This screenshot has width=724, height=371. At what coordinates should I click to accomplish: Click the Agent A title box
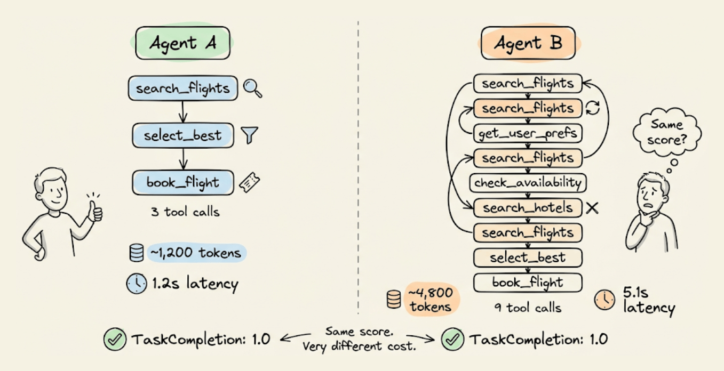pyautogui.click(x=182, y=43)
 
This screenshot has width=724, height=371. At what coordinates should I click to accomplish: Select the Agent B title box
pyautogui.click(x=528, y=43)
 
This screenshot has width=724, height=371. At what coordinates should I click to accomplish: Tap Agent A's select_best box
pyautogui.click(x=182, y=135)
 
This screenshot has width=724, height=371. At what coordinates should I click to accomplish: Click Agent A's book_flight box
pyautogui.click(x=182, y=183)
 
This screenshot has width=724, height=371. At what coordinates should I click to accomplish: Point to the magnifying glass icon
pyautogui.click(x=252, y=88)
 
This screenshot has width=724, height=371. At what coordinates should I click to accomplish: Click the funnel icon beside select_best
pyautogui.click(x=249, y=135)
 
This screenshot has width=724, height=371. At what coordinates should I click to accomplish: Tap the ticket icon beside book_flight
pyautogui.click(x=249, y=183)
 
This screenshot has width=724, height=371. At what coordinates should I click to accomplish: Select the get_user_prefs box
pyautogui.click(x=528, y=133)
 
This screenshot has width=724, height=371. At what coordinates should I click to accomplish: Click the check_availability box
pyautogui.click(x=528, y=183)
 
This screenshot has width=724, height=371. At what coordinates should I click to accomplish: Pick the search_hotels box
pyautogui.click(x=527, y=207)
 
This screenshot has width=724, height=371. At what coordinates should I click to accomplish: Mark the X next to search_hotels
pyautogui.click(x=592, y=207)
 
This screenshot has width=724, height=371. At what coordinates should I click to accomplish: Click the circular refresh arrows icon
pyautogui.click(x=593, y=108)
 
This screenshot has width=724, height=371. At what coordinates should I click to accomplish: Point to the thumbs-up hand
pyautogui.click(x=96, y=209)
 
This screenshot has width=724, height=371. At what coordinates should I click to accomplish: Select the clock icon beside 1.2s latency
pyautogui.click(x=136, y=284)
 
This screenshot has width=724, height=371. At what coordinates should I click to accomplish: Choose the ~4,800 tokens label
pyautogui.click(x=431, y=299)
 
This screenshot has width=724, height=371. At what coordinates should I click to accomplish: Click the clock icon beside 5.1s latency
pyautogui.click(x=604, y=300)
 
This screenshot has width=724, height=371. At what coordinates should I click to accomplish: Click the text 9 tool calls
pyautogui.click(x=528, y=308)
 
